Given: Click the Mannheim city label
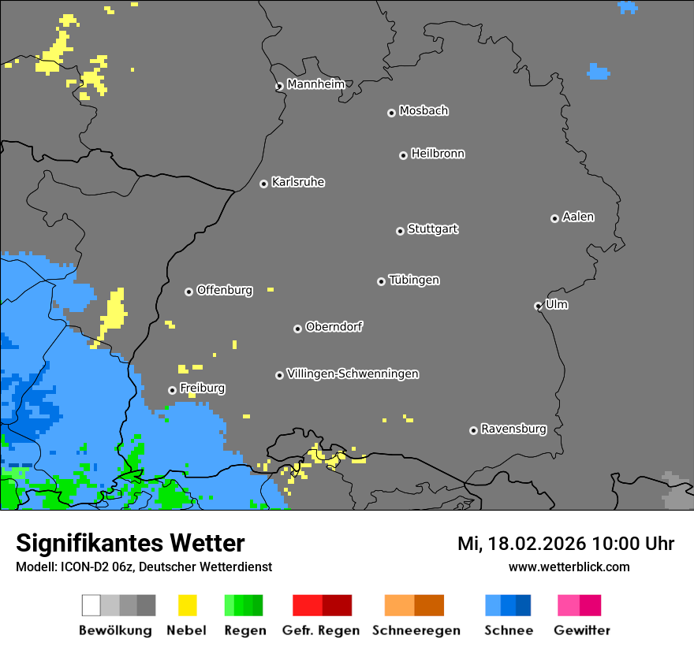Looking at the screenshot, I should (315, 84).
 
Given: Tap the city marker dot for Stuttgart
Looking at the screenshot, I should (400, 231).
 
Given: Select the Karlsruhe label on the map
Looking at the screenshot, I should (297, 182).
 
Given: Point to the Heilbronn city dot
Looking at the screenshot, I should (403, 155).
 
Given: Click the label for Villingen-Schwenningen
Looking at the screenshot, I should (353, 373).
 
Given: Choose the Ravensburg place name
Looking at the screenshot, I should (513, 429).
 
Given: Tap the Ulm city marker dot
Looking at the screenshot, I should (538, 306).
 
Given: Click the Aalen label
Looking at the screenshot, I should (578, 217).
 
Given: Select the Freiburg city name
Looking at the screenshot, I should (202, 388).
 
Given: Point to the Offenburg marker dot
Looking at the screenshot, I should (188, 292).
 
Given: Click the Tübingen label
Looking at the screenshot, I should (414, 280).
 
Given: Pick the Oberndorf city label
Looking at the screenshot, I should (334, 326).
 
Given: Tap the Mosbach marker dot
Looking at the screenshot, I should (391, 113).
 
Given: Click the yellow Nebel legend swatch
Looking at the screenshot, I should (187, 605).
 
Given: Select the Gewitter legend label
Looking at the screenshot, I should (581, 630).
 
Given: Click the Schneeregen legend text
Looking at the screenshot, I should (416, 630).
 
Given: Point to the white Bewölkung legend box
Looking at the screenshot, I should (91, 605).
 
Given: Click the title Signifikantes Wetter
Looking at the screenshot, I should (130, 543).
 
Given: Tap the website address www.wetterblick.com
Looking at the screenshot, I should (569, 567).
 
